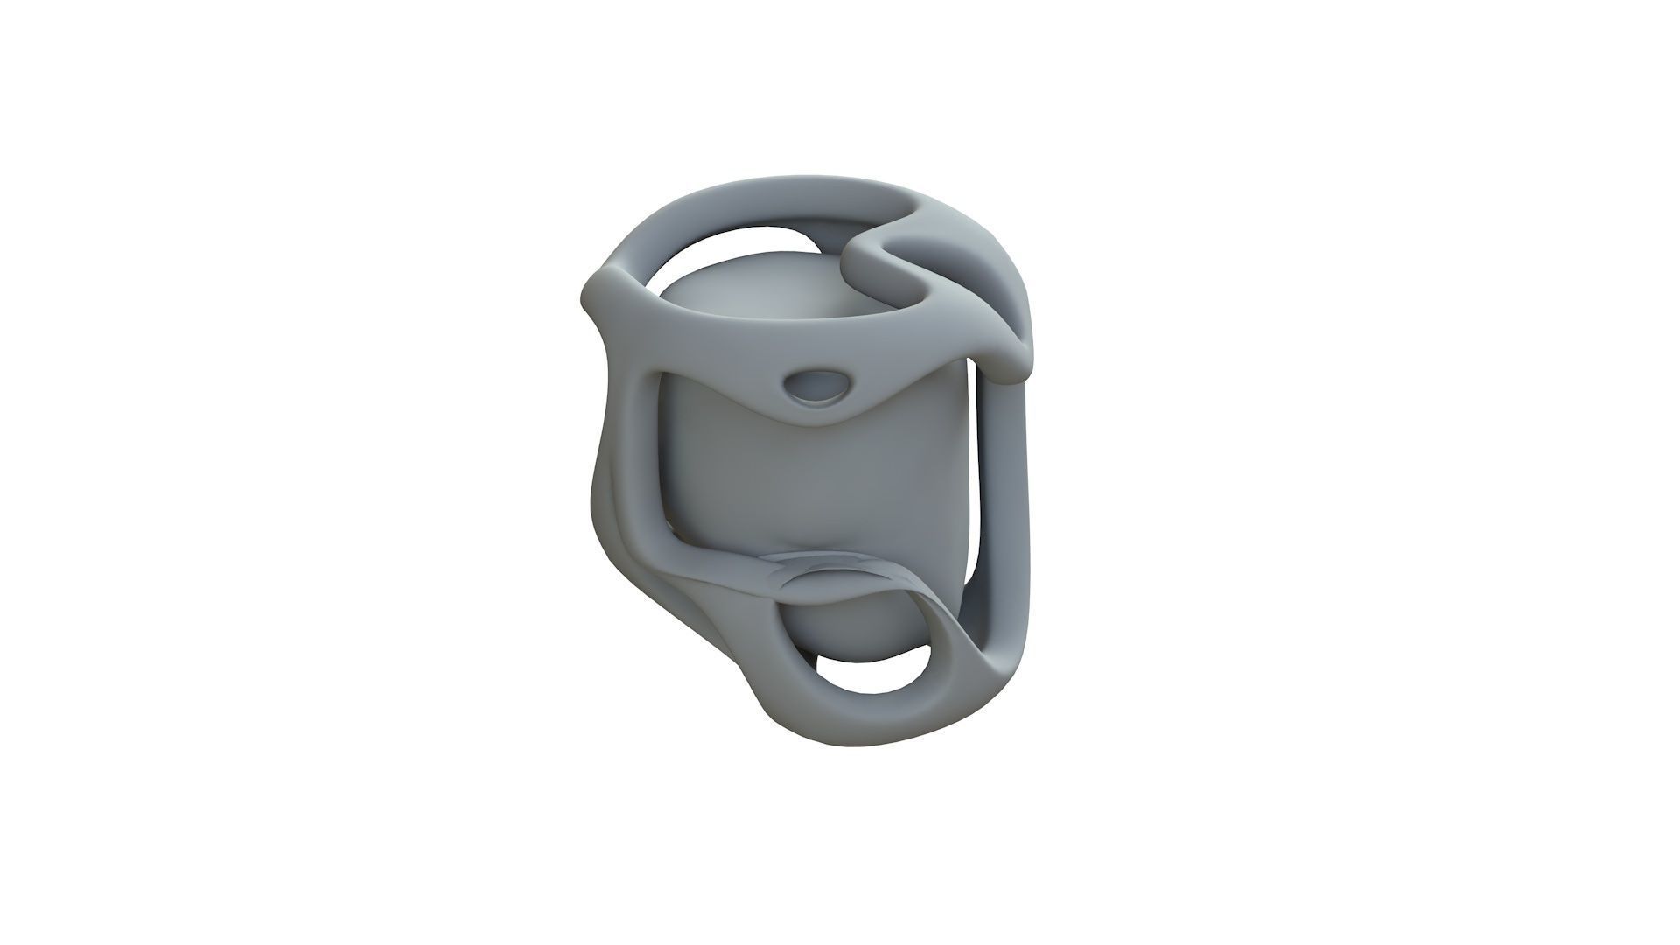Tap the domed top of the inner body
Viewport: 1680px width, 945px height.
tap(752, 289)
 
